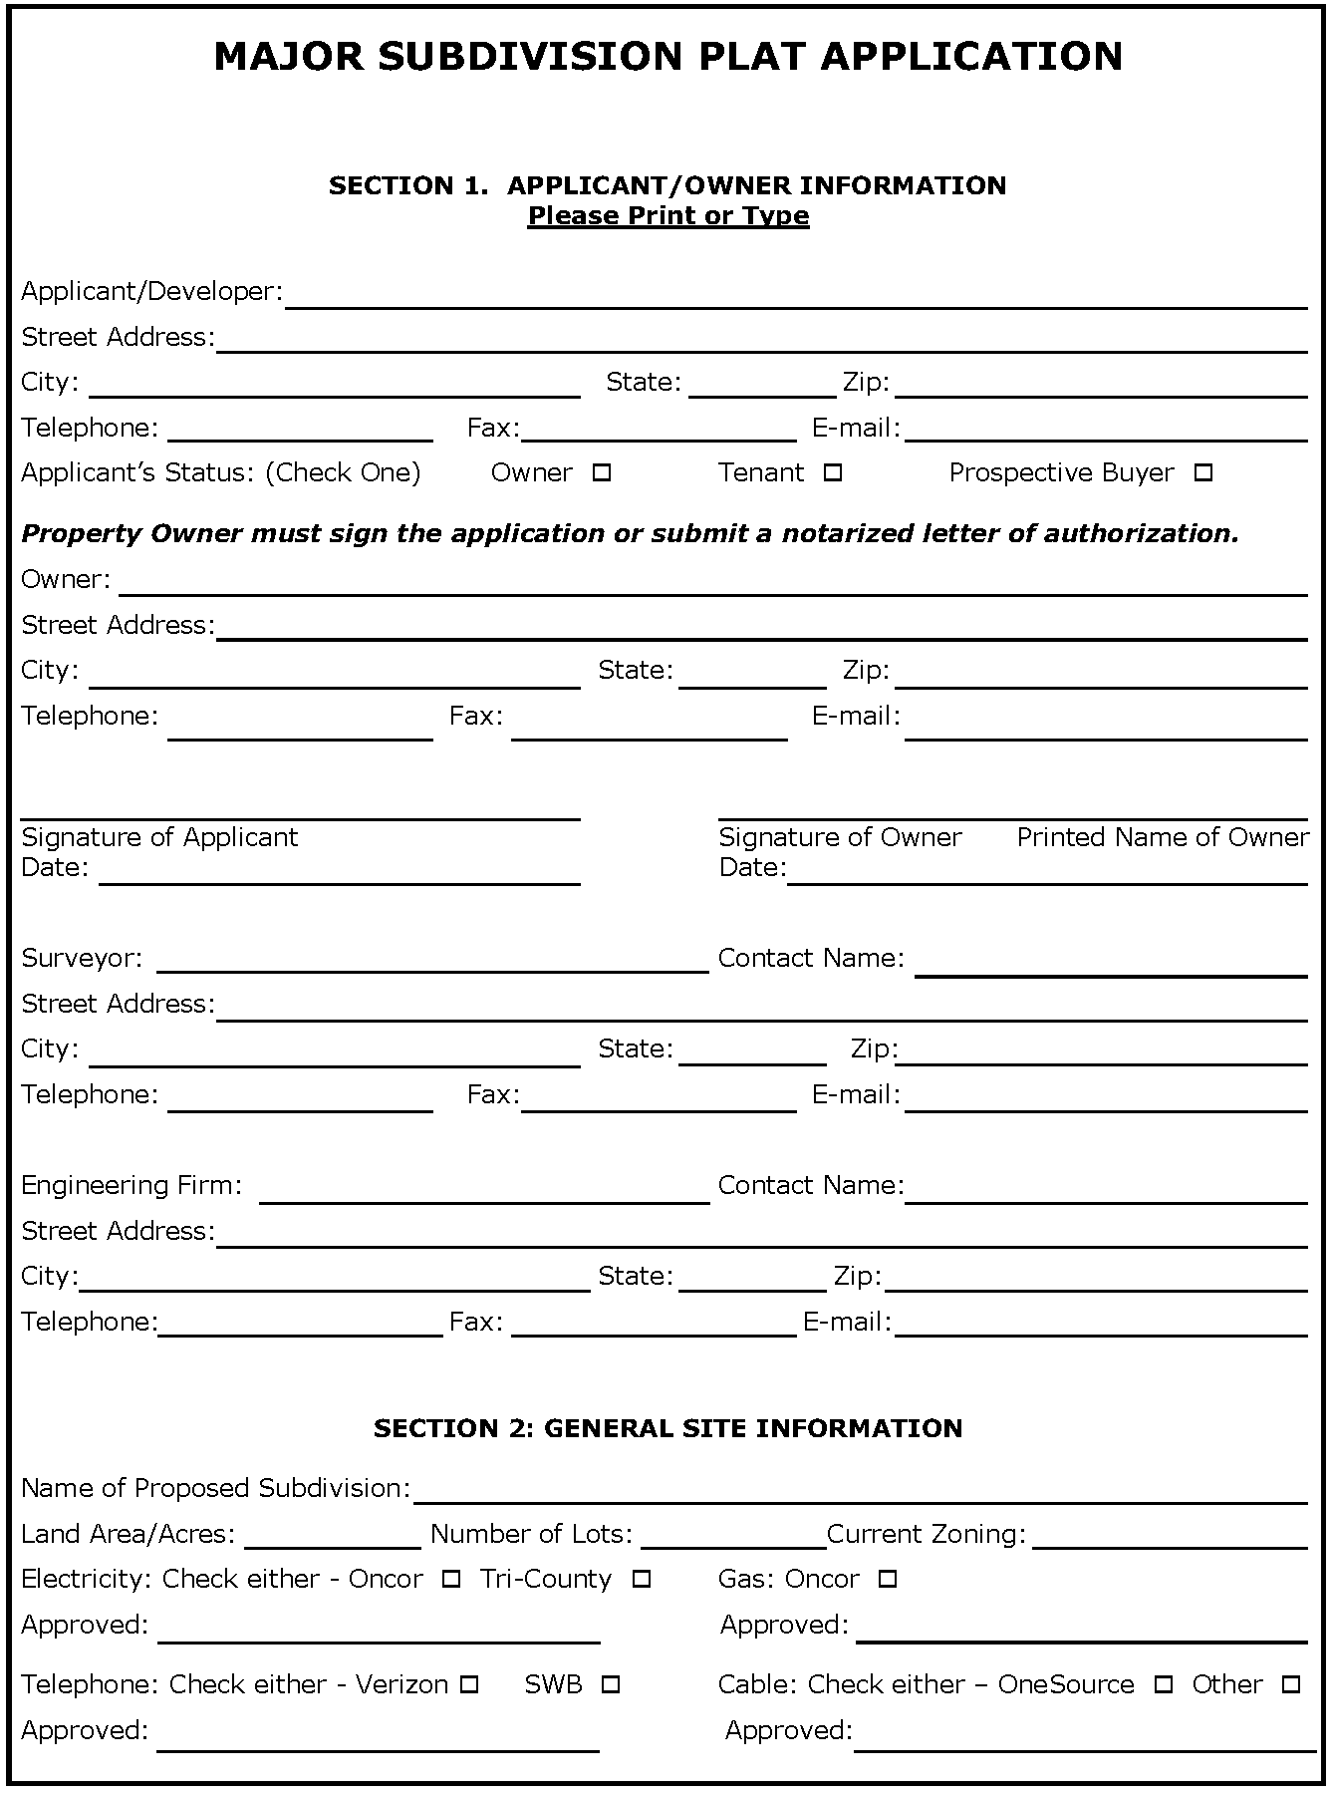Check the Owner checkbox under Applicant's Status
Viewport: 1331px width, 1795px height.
click(x=601, y=473)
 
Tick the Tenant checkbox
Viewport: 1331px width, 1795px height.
click(x=833, y=473)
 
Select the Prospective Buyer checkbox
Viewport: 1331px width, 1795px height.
click(x=1202, y=473)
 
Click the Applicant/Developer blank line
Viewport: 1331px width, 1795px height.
click(x=795, y=297)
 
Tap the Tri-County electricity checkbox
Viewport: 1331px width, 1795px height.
click(x=642, y=1580)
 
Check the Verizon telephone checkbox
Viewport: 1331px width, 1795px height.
click(x=469, y=1685)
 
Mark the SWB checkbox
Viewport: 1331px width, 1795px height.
click(x=611, y=1685)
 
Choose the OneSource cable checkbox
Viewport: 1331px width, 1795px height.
click(x=1163, y=1685)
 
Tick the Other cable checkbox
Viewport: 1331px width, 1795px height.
click(x=1290, y=1685)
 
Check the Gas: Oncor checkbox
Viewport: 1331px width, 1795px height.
click(x=888, y=1580)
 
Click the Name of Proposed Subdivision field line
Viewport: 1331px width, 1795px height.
click(x=860, y=1493)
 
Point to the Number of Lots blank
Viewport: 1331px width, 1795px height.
click(x=732, y=1539)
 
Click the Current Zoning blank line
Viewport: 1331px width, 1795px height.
click(x=1169, y=1539)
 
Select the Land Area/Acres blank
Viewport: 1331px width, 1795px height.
click(x=332, y=1539)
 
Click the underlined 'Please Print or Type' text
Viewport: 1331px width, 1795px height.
click(x=667, y=216)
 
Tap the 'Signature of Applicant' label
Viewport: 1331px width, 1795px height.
click(x=159, y=837)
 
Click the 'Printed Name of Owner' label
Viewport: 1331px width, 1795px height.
click(x=1162, y=837)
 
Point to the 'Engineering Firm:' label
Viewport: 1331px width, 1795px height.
click(x=132, y=1185)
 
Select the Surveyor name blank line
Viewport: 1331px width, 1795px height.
click(x=431, y=962)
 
